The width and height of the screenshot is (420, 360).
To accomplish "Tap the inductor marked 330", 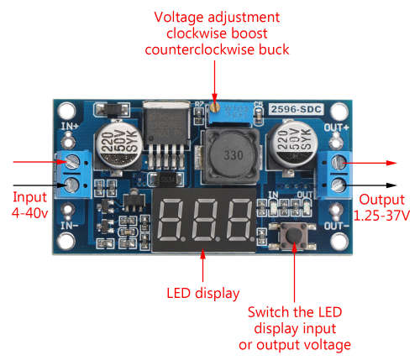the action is click(x=232, y=156).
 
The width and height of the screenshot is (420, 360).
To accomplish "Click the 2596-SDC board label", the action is click(x=297, y=109).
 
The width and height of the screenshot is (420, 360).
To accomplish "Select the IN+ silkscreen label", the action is click(x=70, y=127).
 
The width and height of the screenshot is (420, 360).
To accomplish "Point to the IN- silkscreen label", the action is click(x=70, y=226).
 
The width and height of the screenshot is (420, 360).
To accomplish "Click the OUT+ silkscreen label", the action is click(x=337, y=128).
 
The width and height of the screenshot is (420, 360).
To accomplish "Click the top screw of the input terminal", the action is click(x=71, y=162).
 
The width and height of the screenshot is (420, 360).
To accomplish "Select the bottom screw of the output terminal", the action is click(x=339, y=185).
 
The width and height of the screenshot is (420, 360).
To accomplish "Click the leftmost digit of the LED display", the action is click(x=171, y=220).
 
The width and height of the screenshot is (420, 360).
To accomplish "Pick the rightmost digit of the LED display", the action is click(x=239, y=220).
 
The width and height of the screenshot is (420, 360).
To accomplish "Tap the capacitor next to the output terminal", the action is click(x=292, y=145).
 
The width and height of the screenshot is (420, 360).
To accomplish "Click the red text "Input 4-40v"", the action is click(x=29, y=205).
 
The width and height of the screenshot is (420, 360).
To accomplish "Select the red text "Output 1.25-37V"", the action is click(x=381, y=207).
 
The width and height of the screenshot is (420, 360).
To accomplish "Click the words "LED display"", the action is click(x=203, y=294).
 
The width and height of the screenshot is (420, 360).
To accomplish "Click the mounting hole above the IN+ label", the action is click(x=67, y=111).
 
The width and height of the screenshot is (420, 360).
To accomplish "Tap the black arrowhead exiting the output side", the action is click(x=391, y=185).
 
